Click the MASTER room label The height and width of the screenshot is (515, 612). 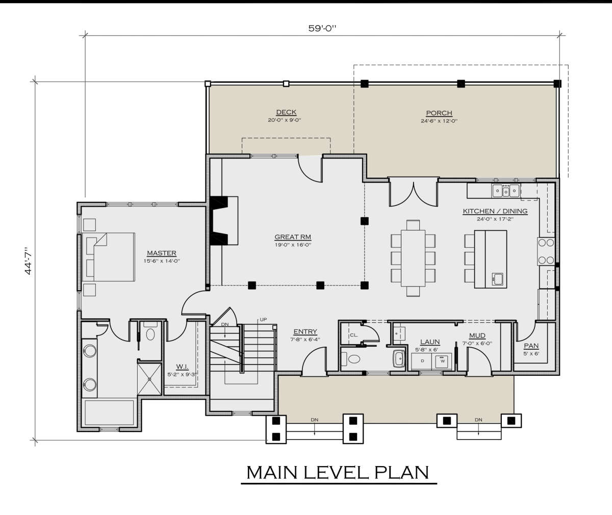coord(162,253)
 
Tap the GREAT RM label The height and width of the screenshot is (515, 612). coord(293,237)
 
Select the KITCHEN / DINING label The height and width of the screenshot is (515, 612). coord(495,211)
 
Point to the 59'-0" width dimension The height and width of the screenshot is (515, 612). coord(322,29)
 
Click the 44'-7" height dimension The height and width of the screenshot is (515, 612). coord(28,261)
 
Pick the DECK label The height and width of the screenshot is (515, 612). coord(286,112)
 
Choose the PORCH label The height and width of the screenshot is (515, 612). coord(439,113)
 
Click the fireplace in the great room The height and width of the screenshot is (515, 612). coord(224,220)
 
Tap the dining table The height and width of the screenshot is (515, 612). coord(413,258)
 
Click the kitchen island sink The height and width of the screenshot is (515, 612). coord(498,279)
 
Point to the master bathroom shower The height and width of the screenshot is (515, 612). coord(149,379)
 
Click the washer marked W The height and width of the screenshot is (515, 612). coord(443,362)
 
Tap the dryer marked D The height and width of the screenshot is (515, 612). coord(422,361)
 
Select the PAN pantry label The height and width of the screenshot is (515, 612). coord(531,346)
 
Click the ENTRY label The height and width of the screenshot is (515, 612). coord(305,331)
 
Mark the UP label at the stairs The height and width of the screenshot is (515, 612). coord(263,320)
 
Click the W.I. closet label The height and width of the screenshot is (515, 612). coord(182,367)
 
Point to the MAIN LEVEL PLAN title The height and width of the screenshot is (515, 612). coord(338,472)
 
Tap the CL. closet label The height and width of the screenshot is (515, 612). coord(353,335)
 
